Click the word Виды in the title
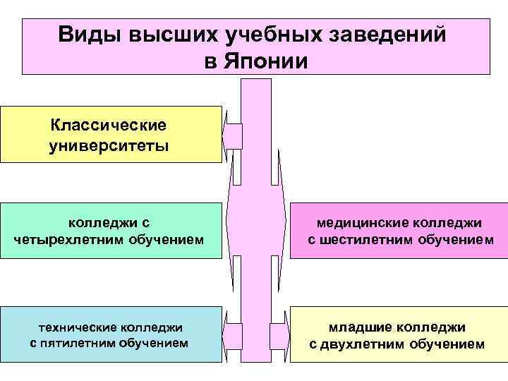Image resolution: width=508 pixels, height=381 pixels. (x=87, y=35)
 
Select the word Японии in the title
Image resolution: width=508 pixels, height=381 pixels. (x=267, y=61)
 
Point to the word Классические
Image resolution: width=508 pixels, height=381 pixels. (x=109, y=125)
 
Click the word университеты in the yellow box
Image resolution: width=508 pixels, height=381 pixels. (x=109, y=146)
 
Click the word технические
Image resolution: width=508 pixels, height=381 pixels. (x=78, y=327)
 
